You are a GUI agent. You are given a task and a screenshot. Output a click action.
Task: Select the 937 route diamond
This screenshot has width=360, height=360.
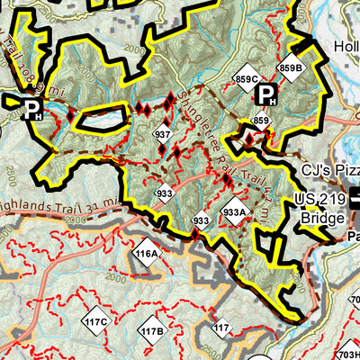point(162,135)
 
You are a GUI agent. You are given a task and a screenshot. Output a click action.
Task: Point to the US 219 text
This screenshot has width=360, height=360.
point(319,201)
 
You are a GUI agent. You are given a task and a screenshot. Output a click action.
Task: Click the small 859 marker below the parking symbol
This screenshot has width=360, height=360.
point(260,121)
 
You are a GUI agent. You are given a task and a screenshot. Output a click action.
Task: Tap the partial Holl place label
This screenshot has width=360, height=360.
point(346,47)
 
